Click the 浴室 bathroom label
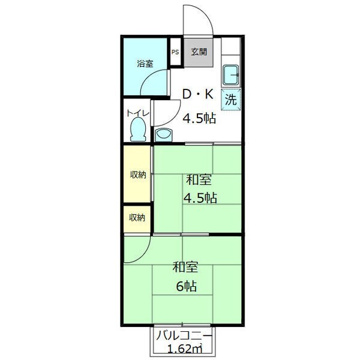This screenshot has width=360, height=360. (x=145, y=64)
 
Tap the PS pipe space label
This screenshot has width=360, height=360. (x=175, y=52)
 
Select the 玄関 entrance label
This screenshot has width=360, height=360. (x=199, y=52)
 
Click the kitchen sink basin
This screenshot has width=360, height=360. (x=231, y=75)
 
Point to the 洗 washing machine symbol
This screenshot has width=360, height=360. (x=231, y=100)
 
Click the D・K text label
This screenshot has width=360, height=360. (x=198, y=94)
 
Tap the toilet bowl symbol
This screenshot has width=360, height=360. (x=138, y=129)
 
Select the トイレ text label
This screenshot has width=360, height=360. (x=138, y=113)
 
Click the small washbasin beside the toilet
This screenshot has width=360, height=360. (x=163, y=135)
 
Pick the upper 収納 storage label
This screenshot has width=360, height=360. (x=138, y=175)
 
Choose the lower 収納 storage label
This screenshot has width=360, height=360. (x=137, y=217)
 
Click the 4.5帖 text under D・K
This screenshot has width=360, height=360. (x=199, y=118)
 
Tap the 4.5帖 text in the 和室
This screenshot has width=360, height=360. (x=200, y=198)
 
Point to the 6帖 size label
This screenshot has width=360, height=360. (x=187, y=286)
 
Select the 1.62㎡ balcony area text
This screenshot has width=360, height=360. (x=185, y=349)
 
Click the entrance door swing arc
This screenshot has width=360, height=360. (x=206, y=14)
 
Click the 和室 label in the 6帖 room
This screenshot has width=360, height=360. (x=185, y=267)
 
